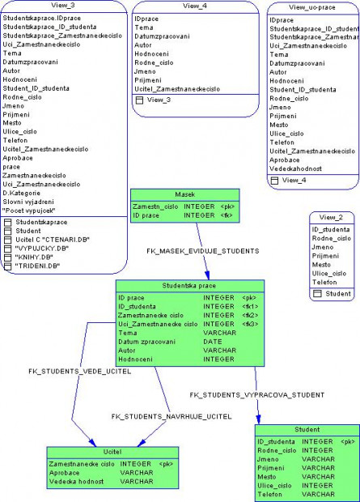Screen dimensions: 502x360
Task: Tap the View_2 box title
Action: point(331,217)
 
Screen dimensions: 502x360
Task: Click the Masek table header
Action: point(184,194)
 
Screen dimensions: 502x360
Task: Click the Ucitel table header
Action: point(112,452)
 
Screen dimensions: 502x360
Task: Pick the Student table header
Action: point(306,429)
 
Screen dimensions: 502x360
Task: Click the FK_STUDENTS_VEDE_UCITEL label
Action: point(79,371)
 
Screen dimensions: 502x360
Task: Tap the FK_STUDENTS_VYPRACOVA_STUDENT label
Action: point(257,394)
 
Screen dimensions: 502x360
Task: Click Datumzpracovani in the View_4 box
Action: point(162,36)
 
